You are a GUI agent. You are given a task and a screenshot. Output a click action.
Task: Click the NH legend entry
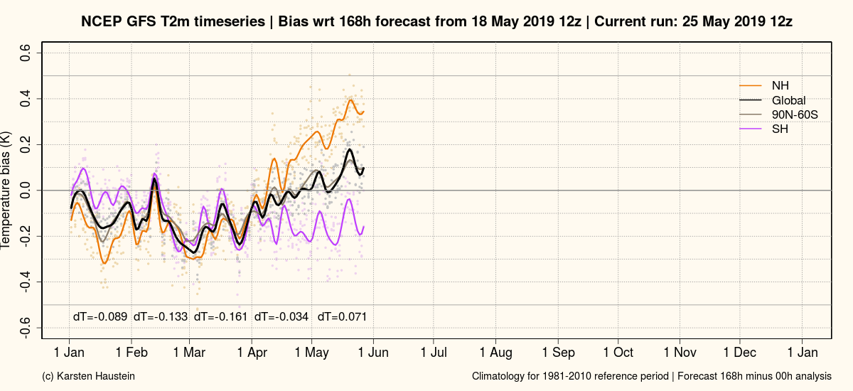(x=780, y=86)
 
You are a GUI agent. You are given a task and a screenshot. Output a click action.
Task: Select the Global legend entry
(x=788, y=100)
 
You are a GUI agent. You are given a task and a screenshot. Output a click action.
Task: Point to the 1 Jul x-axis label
(x=433, y=353)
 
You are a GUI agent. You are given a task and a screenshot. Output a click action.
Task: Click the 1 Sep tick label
(x=558, y=353)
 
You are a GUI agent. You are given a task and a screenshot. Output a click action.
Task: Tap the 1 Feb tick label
(x=132, y=353)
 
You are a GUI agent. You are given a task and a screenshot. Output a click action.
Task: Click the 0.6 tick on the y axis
(x=26, y=53)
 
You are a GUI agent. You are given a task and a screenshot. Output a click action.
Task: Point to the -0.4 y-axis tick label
(x=26, y=282)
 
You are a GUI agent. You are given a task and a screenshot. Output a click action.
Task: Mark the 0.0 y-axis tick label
(x=26, y=191)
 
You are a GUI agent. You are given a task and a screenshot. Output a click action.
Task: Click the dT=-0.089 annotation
(x=101, y=316)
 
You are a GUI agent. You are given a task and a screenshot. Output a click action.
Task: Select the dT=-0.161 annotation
(x=221, y=316)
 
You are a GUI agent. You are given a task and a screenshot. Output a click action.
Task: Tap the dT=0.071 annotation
(x=342, y=316)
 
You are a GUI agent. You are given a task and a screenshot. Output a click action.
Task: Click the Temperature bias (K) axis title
(x=6, y=191)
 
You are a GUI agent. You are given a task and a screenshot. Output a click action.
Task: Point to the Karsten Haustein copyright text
(x=89, y=375)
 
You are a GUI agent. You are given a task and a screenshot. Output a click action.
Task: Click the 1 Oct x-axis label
(x=618, y=353)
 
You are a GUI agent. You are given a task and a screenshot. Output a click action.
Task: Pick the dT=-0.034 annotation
(x=281, y=316)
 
